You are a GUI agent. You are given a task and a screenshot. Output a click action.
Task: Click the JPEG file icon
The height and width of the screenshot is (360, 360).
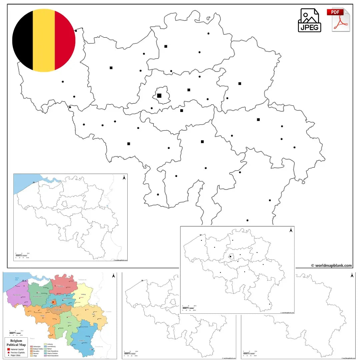[309, 20]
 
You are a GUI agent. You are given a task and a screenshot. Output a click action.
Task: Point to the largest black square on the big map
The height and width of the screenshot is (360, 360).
[159, 96]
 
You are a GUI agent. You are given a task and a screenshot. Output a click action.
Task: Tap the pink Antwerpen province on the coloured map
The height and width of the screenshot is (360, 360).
[64, 285]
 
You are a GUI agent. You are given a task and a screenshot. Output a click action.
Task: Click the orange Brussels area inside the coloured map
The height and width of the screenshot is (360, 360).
[53, 303]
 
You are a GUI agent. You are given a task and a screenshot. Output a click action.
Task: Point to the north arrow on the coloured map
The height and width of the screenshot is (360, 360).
[113, 276]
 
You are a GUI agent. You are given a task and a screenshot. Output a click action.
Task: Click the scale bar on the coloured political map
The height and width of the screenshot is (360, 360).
[15, 333]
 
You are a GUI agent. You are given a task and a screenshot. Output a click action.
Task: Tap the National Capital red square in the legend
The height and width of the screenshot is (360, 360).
[8, 349]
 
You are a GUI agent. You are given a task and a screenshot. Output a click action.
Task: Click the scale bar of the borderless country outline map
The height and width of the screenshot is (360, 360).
[249, 352]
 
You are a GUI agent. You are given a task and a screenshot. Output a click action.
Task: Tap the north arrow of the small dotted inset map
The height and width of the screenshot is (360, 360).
[291, 230]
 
